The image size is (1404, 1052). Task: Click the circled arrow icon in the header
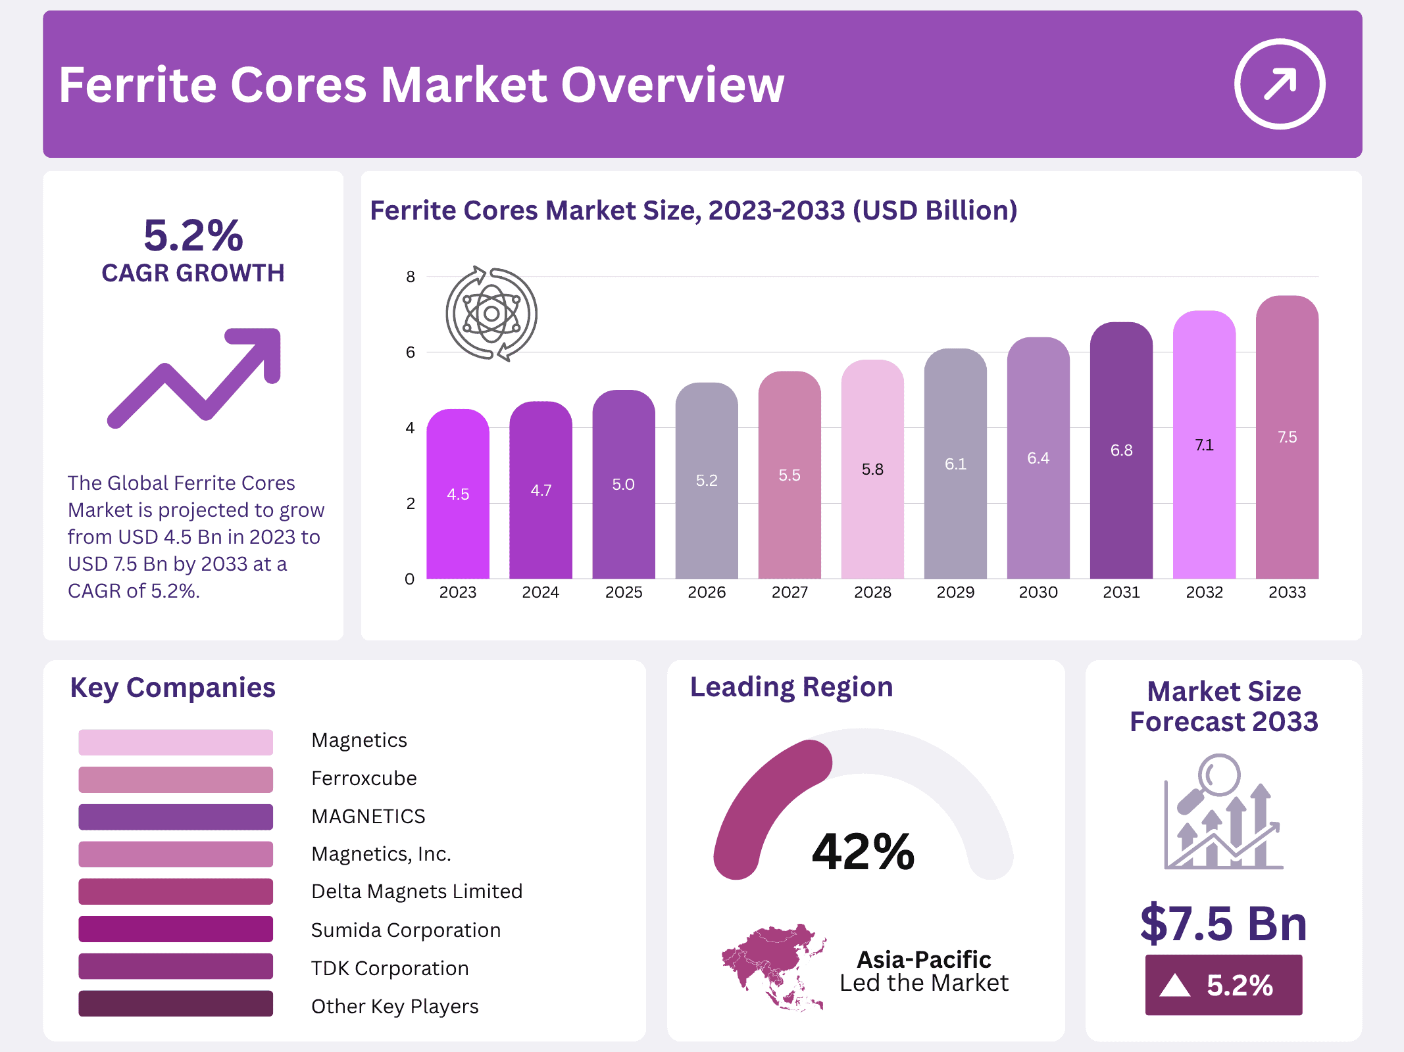pos(1279,84)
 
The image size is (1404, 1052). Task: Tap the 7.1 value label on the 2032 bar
pos(1204,445)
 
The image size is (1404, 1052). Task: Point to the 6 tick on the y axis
pos(411,352)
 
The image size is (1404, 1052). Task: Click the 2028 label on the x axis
pos(872,592)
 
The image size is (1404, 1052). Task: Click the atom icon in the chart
pos(491,314)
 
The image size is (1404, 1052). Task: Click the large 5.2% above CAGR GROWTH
pos(193,235)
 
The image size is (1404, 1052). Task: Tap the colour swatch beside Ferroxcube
pos(175,779)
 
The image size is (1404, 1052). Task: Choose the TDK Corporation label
pos(389,968)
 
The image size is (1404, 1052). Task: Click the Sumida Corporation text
pos(405,930)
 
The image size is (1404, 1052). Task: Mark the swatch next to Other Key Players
pos(175,1004)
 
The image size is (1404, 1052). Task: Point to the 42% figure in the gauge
pos(863,851)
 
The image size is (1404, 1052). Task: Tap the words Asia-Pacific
pos(923,959)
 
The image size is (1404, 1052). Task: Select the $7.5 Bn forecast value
pos(1223,924)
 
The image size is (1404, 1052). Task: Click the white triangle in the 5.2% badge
pos(1174,986)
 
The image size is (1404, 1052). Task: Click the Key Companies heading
pos(172,688)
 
